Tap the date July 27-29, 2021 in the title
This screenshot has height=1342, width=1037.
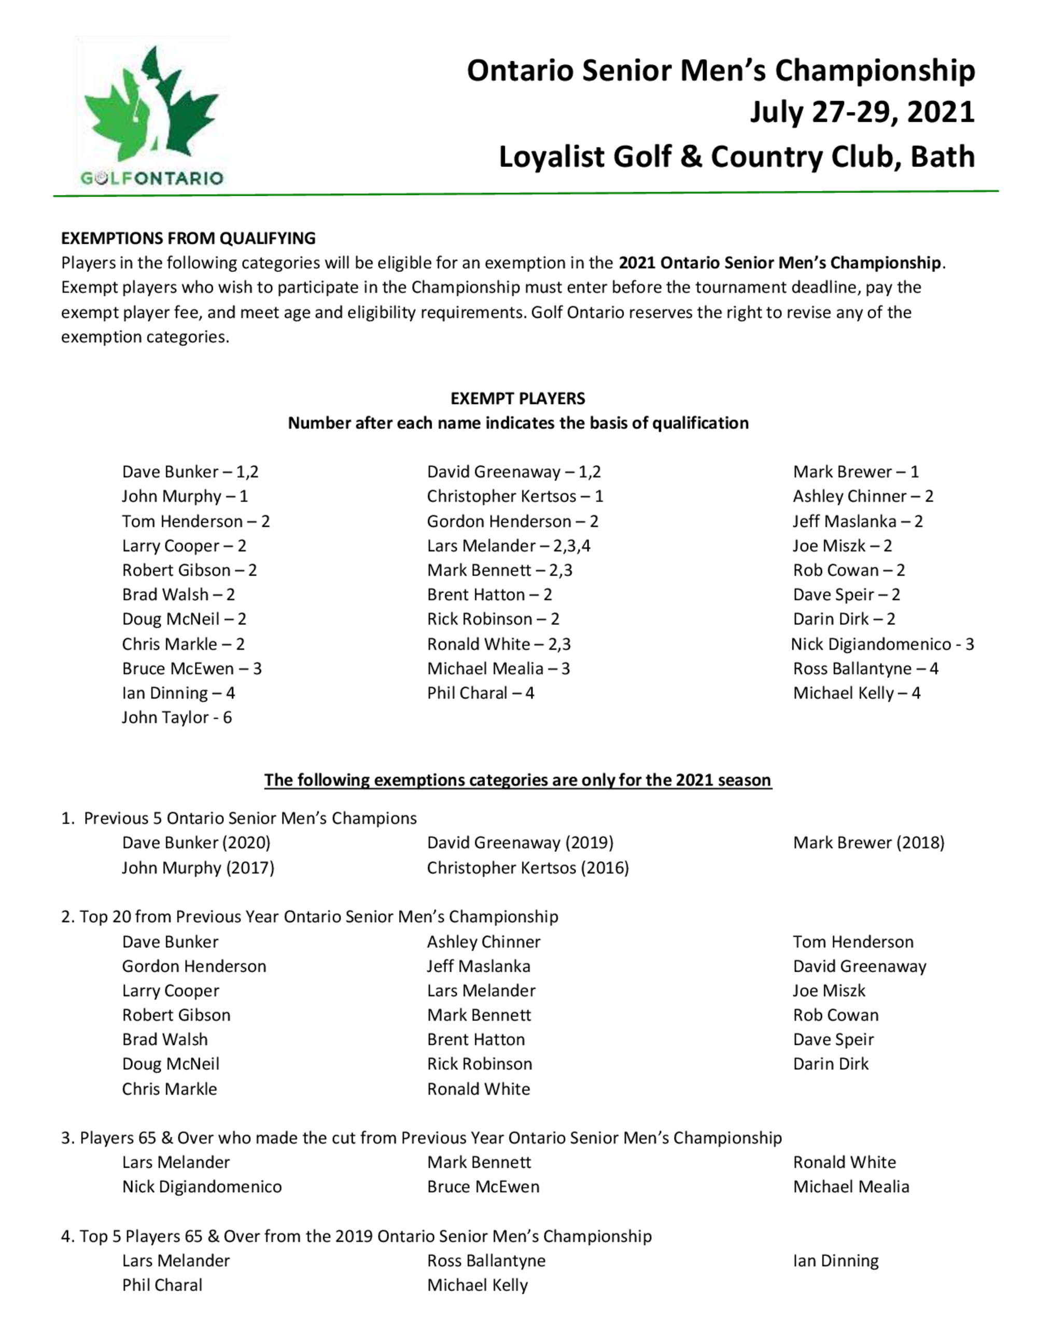coord(862,113)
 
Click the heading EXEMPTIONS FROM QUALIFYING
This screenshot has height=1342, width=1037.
coord(188,239)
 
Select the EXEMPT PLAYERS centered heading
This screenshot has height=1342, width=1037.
coord(517,399)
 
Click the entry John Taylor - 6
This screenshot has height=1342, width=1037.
coord(177,718)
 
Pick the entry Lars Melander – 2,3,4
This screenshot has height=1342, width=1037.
coord(509,546)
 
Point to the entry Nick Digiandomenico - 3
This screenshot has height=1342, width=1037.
coord(882,645)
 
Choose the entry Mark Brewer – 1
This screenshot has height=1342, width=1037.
coord(856,472)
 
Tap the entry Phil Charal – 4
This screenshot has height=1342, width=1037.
coord(481,693)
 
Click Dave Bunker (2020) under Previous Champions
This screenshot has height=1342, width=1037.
coord(196,843)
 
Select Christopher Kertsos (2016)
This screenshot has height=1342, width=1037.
coord(528,868)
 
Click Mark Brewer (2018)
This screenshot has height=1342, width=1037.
coord(868,843)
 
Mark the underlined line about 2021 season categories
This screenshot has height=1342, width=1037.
coord(517,780)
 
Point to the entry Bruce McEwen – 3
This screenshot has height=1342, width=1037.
coord(192,668)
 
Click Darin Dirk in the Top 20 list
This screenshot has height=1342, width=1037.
coord(831,1064)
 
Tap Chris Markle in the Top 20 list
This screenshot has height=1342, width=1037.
coord(170,1089)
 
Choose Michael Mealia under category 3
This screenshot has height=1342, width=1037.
coord(851,1186)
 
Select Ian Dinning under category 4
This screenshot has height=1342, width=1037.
coord(835,1261)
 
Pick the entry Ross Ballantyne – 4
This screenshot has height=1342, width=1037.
coord(865,668)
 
